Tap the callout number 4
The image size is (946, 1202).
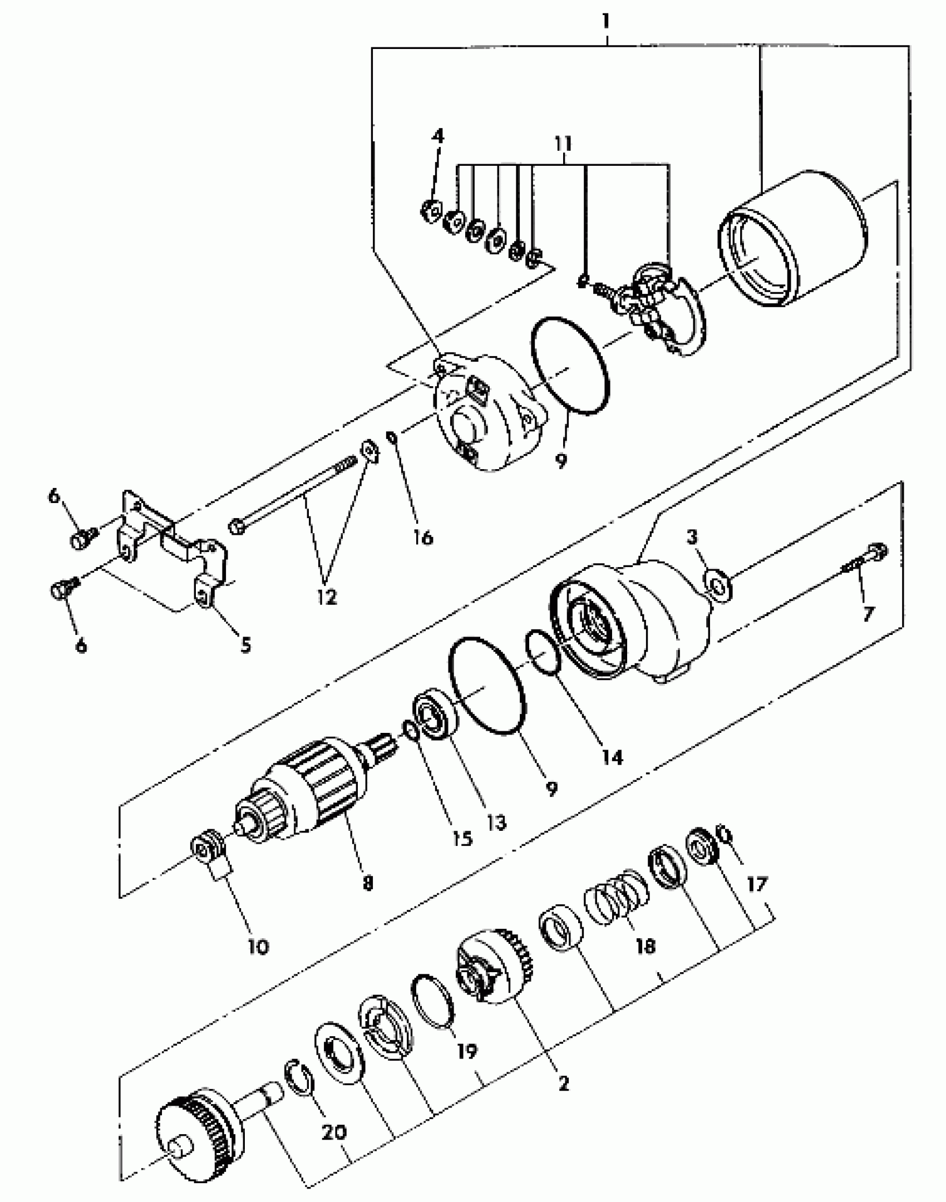click(x=438, y=136)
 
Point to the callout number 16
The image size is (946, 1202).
click(x=423, y=537)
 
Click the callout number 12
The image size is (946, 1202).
click(x=327, y=597)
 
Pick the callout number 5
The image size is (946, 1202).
click(x=245, y=644)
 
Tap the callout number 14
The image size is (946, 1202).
click(x=612, y=757)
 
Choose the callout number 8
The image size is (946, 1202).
click(x=367, y=883)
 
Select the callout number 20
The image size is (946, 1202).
click(x=334, y=1131)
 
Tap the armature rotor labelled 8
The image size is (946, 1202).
click(x=312, y=790)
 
